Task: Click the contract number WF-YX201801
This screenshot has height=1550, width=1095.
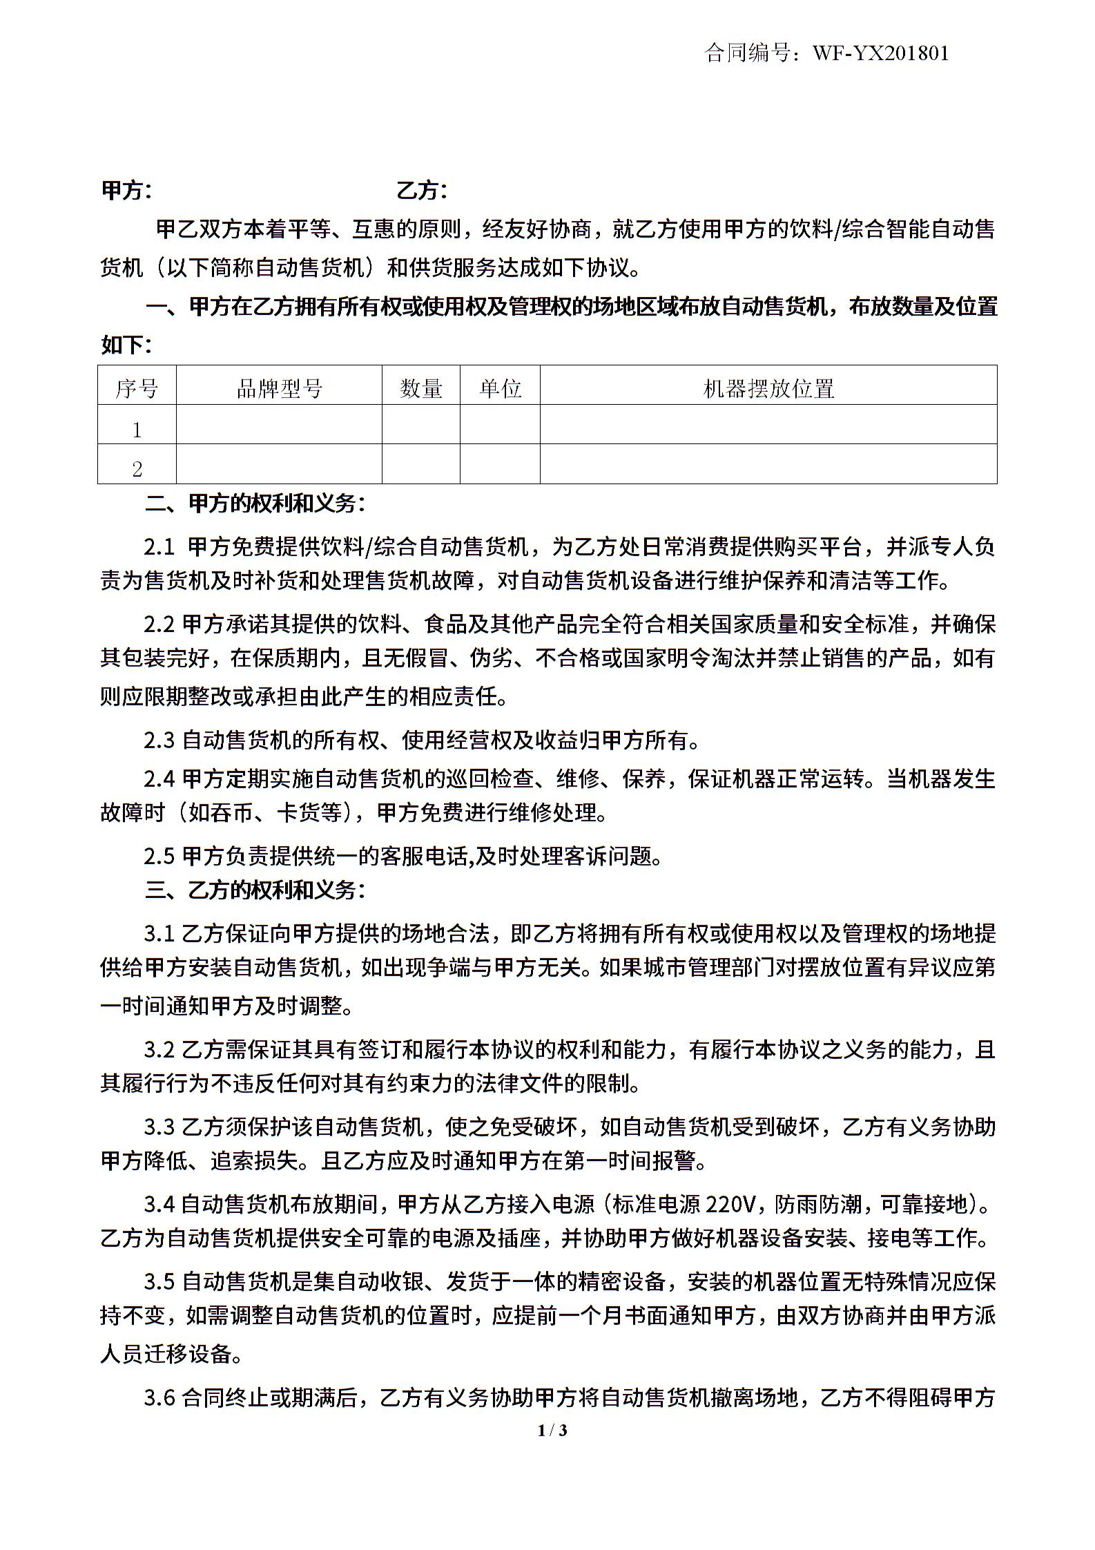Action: pos(881,53)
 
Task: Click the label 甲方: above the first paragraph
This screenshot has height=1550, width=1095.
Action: pos(126,191)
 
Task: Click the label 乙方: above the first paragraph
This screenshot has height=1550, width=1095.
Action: pos(421,191)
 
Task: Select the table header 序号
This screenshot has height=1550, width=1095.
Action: pos(137,389)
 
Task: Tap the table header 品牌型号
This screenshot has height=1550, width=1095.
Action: pos(279,389)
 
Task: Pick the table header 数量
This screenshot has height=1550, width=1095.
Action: pos(420,389)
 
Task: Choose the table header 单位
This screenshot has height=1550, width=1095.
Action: pos(500,389)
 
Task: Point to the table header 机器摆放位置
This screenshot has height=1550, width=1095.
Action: pos(768,389)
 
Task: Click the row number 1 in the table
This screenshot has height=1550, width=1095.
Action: pos(137,430)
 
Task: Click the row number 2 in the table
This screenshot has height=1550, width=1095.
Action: pos(137,469)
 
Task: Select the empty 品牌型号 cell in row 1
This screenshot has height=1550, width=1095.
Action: pos(279,424)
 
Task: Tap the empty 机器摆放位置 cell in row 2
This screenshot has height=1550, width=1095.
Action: pos(768,463)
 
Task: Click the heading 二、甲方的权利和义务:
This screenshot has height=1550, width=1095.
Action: pos(255,504)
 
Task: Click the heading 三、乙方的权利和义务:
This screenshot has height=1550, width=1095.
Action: pos(255,890)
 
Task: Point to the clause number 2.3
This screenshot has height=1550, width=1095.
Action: pos(159,741)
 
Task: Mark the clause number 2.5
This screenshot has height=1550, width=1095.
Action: pos(159,857)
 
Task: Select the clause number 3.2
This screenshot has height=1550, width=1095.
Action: pos(159,1050)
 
